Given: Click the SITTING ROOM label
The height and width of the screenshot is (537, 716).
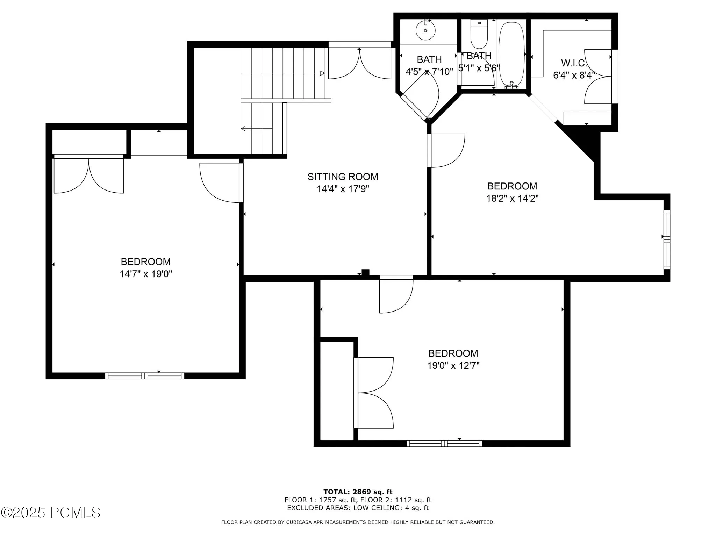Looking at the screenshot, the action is [343, 177].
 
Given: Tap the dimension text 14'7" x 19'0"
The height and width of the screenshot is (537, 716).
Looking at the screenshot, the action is [146, 274].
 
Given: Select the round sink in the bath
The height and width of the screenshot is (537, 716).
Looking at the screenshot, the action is [425, 30].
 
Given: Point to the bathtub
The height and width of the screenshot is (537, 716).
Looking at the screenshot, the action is [512, 55].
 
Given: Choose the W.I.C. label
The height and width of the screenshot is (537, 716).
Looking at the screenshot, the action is [574, 63].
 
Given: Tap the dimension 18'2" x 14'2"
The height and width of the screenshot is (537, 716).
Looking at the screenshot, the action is [512, 199].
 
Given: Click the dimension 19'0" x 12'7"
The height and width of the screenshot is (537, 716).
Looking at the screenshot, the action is [453, 366].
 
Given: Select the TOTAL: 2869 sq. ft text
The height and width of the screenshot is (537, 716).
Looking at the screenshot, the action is [358, 492].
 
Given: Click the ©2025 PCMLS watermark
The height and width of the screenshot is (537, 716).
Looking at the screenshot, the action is [51, 513].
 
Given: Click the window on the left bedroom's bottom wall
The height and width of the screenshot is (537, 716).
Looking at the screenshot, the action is [145, 376].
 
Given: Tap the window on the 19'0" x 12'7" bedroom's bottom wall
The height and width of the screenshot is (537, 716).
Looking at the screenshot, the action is [444, 443].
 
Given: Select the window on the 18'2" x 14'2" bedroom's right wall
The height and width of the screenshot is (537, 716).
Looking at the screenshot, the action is [667, 239].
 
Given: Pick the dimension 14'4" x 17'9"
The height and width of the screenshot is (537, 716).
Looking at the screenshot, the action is [343, 189].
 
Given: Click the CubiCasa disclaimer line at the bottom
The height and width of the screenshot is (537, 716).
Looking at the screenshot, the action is [358, 522].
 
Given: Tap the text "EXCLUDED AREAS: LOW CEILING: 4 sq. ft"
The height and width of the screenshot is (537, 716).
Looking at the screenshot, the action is [358, 508].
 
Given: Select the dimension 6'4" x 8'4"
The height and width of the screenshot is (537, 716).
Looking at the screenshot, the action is [574, 75].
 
